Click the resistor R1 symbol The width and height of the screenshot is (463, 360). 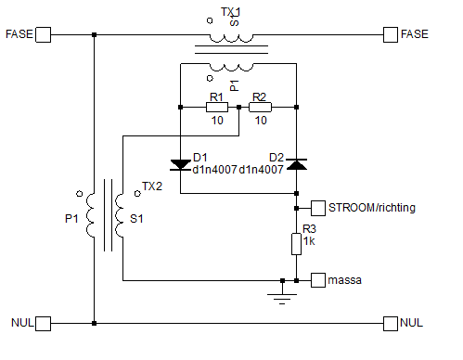tap(217, 108)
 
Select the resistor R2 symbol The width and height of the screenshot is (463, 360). tap(260, 108)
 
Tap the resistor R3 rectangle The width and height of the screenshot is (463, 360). tap(296, 244)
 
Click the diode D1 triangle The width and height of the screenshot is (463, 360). tap(180, 164)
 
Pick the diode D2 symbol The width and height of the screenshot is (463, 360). tap(297, 164)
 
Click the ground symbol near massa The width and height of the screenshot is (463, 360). tap(282, 296)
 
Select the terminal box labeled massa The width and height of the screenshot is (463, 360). tap(318, 280)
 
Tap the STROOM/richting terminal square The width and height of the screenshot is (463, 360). tap(318, 208)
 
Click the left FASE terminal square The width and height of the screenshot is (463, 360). tap(44, 34)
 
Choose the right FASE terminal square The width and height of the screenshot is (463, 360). tap(391, 34)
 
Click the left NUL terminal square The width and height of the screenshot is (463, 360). tap(44, 324)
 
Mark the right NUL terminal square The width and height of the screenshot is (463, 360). tap(391, 324)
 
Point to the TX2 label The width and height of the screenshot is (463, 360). tap(152, 186)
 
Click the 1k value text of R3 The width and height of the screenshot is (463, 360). tap(309, 241)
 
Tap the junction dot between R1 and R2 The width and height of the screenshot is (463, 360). tap(238, 108)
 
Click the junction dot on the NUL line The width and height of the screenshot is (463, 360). tap(95, 324)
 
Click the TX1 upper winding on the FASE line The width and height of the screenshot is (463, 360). tap(231, 39)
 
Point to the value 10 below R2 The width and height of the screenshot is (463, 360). tap(261, 121)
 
